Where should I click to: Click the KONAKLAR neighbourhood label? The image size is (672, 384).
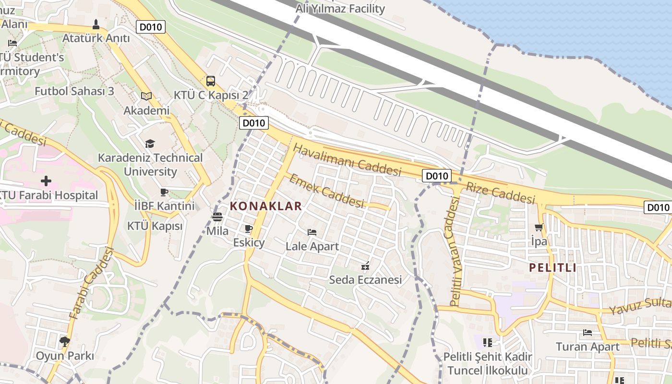point(266,206)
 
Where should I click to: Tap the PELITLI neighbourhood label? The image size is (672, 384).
point(552,268)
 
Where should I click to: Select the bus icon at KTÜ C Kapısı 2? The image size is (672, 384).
point(210,81)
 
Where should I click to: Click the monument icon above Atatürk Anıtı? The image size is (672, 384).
point(96,24)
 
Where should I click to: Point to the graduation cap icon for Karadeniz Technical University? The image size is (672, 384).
point(150,144)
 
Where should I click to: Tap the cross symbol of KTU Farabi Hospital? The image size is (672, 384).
point(46,181)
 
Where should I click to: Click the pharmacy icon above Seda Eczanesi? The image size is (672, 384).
point(365,265)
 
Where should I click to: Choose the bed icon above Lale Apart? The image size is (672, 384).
point(312,232)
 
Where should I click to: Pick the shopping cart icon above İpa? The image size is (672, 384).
point(539,228)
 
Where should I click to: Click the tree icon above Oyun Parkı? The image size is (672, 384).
point(65,342)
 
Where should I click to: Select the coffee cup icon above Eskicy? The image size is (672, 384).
point(248,228)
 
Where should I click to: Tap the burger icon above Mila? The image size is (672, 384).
point(217,217)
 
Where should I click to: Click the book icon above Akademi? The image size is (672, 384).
point(146,96)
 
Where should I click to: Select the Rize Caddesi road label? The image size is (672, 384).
point(500,193)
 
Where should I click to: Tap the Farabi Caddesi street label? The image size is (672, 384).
point(90,283)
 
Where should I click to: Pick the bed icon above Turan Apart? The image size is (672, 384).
point(587,332)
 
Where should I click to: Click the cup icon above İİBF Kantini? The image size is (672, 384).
point(164,192)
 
